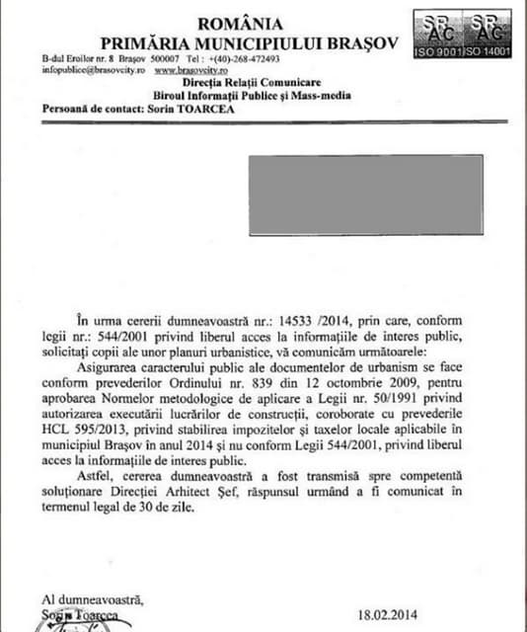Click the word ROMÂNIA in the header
(240, 23)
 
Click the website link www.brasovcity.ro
(185, 71)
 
